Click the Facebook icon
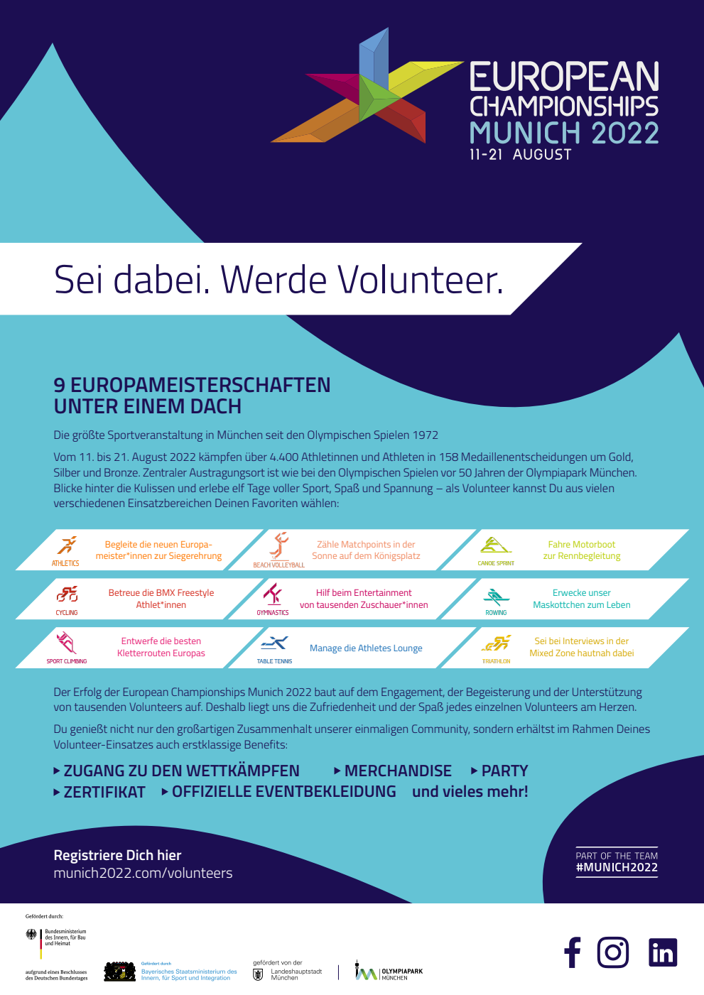point(573,952)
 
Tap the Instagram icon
point(613,952)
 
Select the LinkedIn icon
point(663,952)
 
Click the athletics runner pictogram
point(67,545)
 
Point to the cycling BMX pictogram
point(67,594)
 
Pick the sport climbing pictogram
point(66,643)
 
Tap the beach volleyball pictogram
point(279,545)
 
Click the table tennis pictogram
point(274,643)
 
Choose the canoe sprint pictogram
point(495,545)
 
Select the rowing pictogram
point(496,597)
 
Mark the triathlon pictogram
point(497,643)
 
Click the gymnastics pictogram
point(273,594)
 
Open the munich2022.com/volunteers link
point(143,873)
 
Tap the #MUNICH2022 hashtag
point(617,867)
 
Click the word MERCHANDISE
point(398,771)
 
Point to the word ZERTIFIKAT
point(104,792)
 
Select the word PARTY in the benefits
point(504,771)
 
